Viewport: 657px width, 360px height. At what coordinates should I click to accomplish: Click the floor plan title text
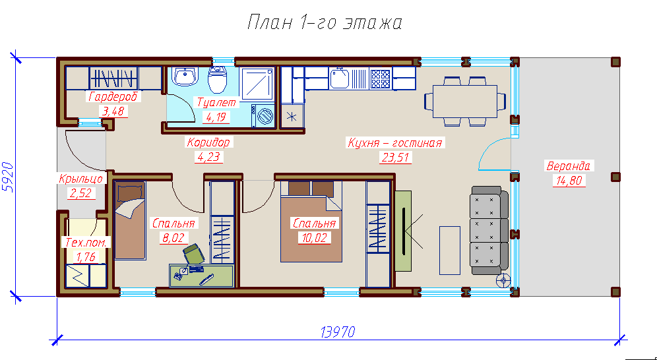coord(325,23)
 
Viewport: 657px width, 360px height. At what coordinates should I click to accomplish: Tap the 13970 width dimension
coord(338,332)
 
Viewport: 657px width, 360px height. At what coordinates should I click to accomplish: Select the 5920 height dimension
coord(9,177)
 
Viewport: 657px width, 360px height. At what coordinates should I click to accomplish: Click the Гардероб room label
coord(113,97)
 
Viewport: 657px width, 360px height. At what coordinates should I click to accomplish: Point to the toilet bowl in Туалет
coord(218,78)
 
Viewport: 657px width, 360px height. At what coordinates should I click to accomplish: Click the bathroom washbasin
coord(185,76)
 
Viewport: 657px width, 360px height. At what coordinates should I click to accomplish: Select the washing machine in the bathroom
coord(263,115)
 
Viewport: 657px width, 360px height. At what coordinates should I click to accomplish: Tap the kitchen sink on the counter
coord(340,78)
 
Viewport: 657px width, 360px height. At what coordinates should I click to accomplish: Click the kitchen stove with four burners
coord(381,78)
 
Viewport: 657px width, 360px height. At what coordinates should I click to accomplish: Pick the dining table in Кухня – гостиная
coord(464,102)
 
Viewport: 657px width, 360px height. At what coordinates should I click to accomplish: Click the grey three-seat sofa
coord(489,231)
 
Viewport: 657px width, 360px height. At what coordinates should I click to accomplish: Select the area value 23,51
coord(396,158)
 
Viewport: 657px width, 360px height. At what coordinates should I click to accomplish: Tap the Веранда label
coord(568,165)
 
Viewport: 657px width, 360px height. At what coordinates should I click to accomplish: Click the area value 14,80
coord(569,181)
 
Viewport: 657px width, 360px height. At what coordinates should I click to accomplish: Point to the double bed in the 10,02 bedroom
coord(311,222)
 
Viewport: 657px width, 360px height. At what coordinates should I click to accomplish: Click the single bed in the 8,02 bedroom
coord(130,220)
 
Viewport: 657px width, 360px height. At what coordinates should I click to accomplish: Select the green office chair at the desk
coord(193,253)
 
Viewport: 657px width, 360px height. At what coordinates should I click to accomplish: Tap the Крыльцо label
coord(81,179)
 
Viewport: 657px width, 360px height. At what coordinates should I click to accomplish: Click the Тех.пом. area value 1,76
coord(86,256)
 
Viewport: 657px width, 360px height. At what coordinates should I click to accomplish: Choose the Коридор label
coord(208,142)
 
